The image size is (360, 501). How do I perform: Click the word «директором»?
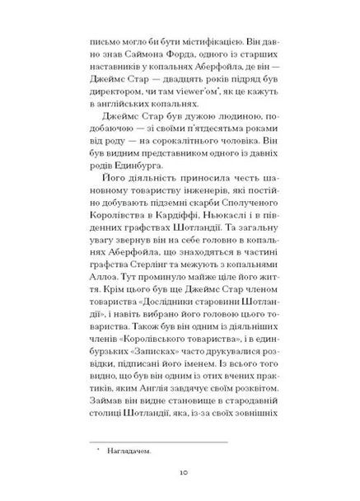113,86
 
